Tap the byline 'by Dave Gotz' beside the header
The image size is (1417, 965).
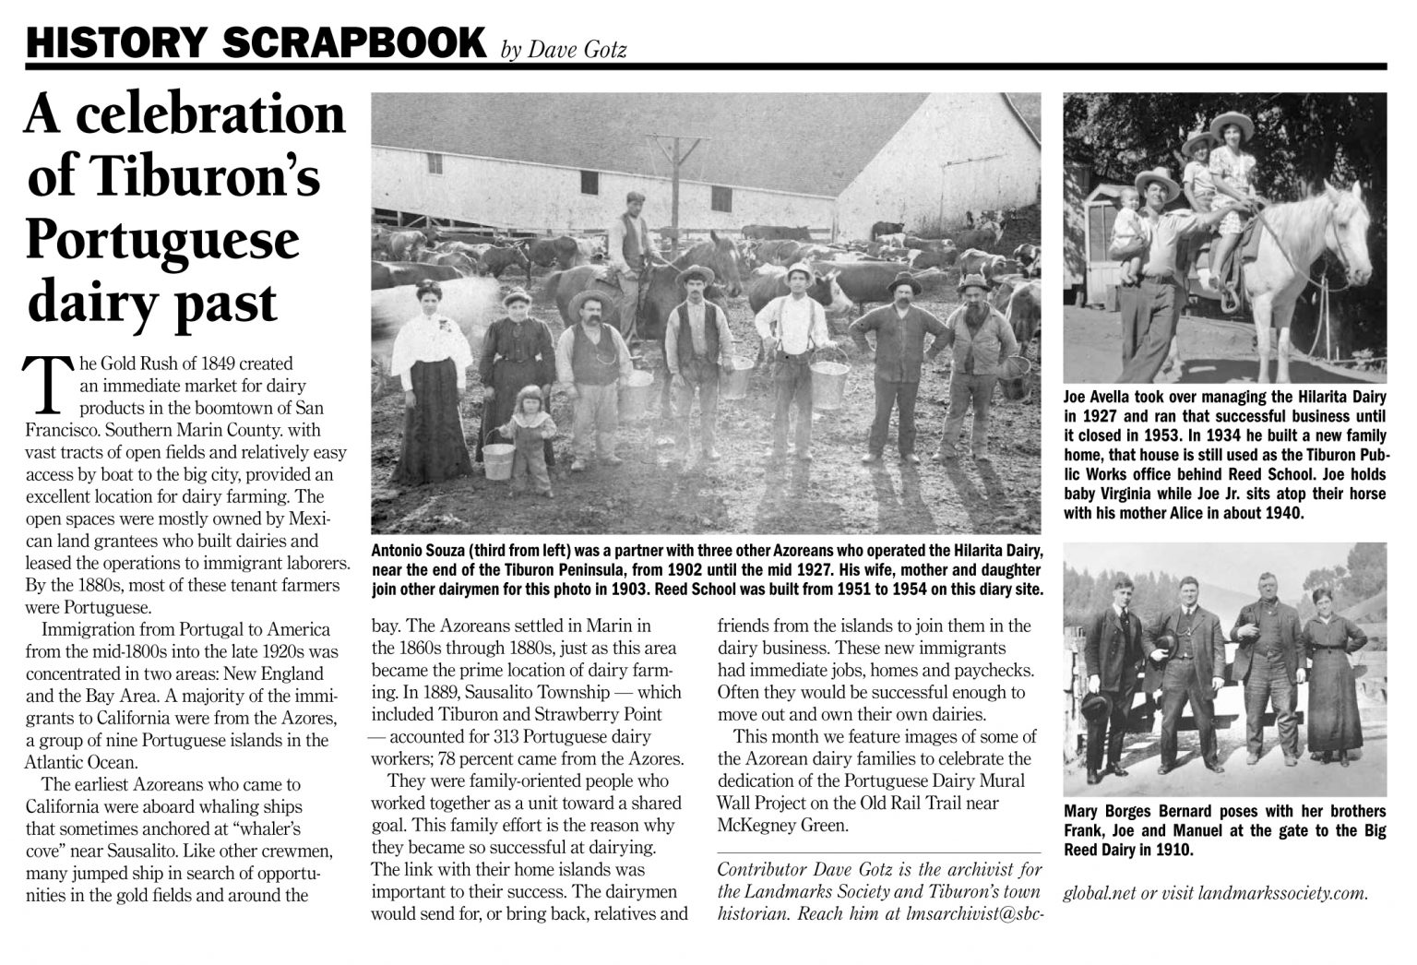(x=563, y=49)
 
